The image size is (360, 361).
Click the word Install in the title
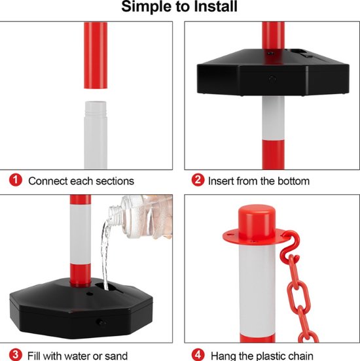click(x=215, y=7)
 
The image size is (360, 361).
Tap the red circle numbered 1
click(x=16, y=180)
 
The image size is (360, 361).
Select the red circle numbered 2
click(x=198, y=180)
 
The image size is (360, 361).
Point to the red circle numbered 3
click(x=16, y=354)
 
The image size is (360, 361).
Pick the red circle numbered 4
click(x=198, y=354)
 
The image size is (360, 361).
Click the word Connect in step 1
click(x=48, y=181)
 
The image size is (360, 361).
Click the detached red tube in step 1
click(x=96, y=55)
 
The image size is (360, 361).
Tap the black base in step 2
click(x=273, y=72)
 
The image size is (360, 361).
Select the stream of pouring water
click(x=105, y=253)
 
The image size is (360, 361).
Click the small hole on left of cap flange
click(x=230, y=235)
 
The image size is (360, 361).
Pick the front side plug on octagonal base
click(x=100, y=322)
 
